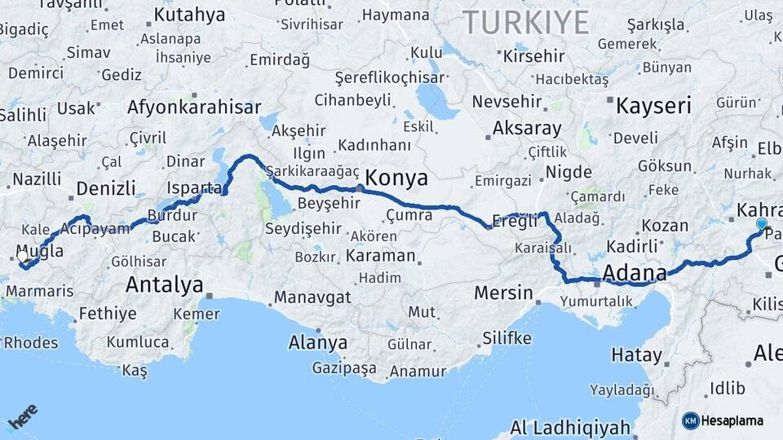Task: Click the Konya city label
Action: (x=396, y=178)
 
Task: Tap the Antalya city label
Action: (x=164, y=285)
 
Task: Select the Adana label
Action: (x=635, y=273)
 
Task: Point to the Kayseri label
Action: (x=653, y=106)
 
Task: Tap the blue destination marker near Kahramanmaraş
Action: (x=762, y=224)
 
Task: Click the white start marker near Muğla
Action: (x=22, y=255)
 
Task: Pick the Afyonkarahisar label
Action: (x=194, y=107)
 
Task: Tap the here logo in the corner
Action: (x=23, y=416)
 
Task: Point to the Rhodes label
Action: (x=31, y=342)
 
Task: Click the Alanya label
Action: (x=318, y=342)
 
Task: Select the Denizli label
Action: (x=106, y=189)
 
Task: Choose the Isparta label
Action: (x=194, y=188)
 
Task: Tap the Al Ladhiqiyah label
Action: (x=571, y=428)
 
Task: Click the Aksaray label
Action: (x=527, y=129)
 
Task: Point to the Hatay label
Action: (x=636, y=355)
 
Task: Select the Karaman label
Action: (x=380, y=255)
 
